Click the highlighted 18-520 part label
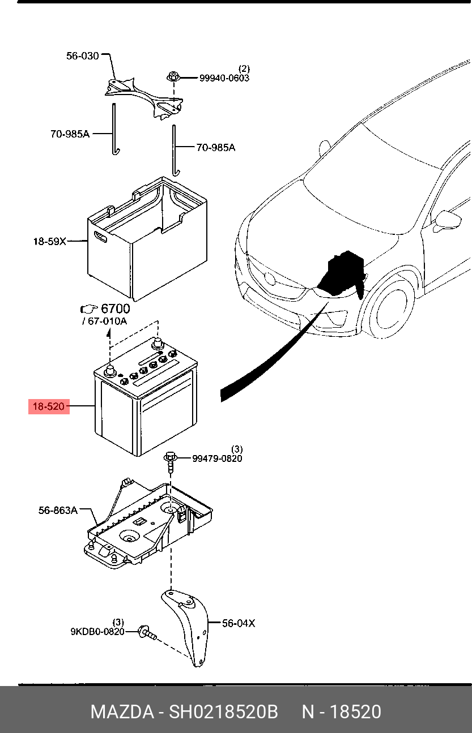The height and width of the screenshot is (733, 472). click(x=49, y=406)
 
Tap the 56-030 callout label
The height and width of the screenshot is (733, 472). click(x=83, y=55)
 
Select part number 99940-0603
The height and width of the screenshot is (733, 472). click(x=224, y=78)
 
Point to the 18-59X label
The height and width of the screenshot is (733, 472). click(x=49, y=241)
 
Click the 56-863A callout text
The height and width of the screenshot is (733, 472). click(x=58, y=510)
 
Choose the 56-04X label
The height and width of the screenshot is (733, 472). click(x=238, y=623)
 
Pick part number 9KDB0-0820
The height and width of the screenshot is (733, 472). click(x=97, y=632)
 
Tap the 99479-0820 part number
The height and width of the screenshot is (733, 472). click(x=217, y=458)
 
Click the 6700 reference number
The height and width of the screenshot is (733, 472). click(x=115, y=308)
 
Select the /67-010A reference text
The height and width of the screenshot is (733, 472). click(x=105, y=321)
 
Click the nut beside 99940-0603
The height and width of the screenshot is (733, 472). click(x=173, y=76)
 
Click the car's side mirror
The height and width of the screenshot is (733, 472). click(x=447, y=220)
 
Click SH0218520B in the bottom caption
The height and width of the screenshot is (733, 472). click(x=224, y=711)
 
